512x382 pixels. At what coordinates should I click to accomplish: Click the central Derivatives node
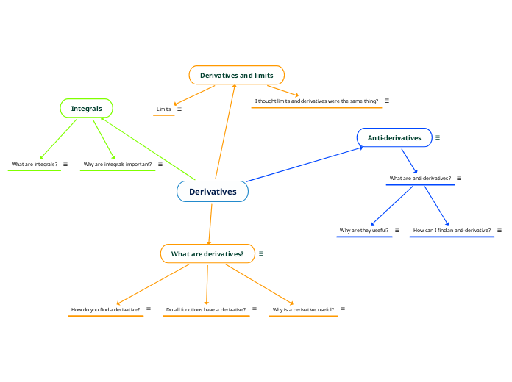[x=213, y=192]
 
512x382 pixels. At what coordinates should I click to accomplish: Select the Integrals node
[x=86, y=109]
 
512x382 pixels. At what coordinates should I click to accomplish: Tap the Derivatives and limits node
[x=236, y=75]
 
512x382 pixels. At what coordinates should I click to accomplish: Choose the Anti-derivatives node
[x=394, y=137]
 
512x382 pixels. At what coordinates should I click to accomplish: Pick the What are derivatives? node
[x=207, y=254]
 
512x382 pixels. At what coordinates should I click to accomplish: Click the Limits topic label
[x=163, y=109]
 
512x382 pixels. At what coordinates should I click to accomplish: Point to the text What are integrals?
[x=35, y=164]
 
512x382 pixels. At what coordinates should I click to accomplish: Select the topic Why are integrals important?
[x=118, y=164]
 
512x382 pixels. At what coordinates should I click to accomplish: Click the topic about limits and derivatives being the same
[x=316, y=101]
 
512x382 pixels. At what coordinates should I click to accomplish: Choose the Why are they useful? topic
[x=364, y=230]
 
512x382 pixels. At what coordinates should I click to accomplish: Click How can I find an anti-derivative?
[x=452, y=230]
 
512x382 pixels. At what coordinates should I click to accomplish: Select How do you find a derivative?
[x=106, y=309]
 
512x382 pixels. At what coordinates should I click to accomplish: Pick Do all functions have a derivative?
[x=206, y=309]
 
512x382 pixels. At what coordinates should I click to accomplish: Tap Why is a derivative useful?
[x=303, y=309]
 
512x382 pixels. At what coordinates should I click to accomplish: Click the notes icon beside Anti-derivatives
[x=438, y=137]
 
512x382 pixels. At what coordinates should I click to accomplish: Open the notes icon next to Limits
[x=179, y=109]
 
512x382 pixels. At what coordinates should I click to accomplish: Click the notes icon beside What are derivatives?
[x=261, y=253]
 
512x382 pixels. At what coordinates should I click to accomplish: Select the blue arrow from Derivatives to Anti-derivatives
[x=305, y=165]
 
